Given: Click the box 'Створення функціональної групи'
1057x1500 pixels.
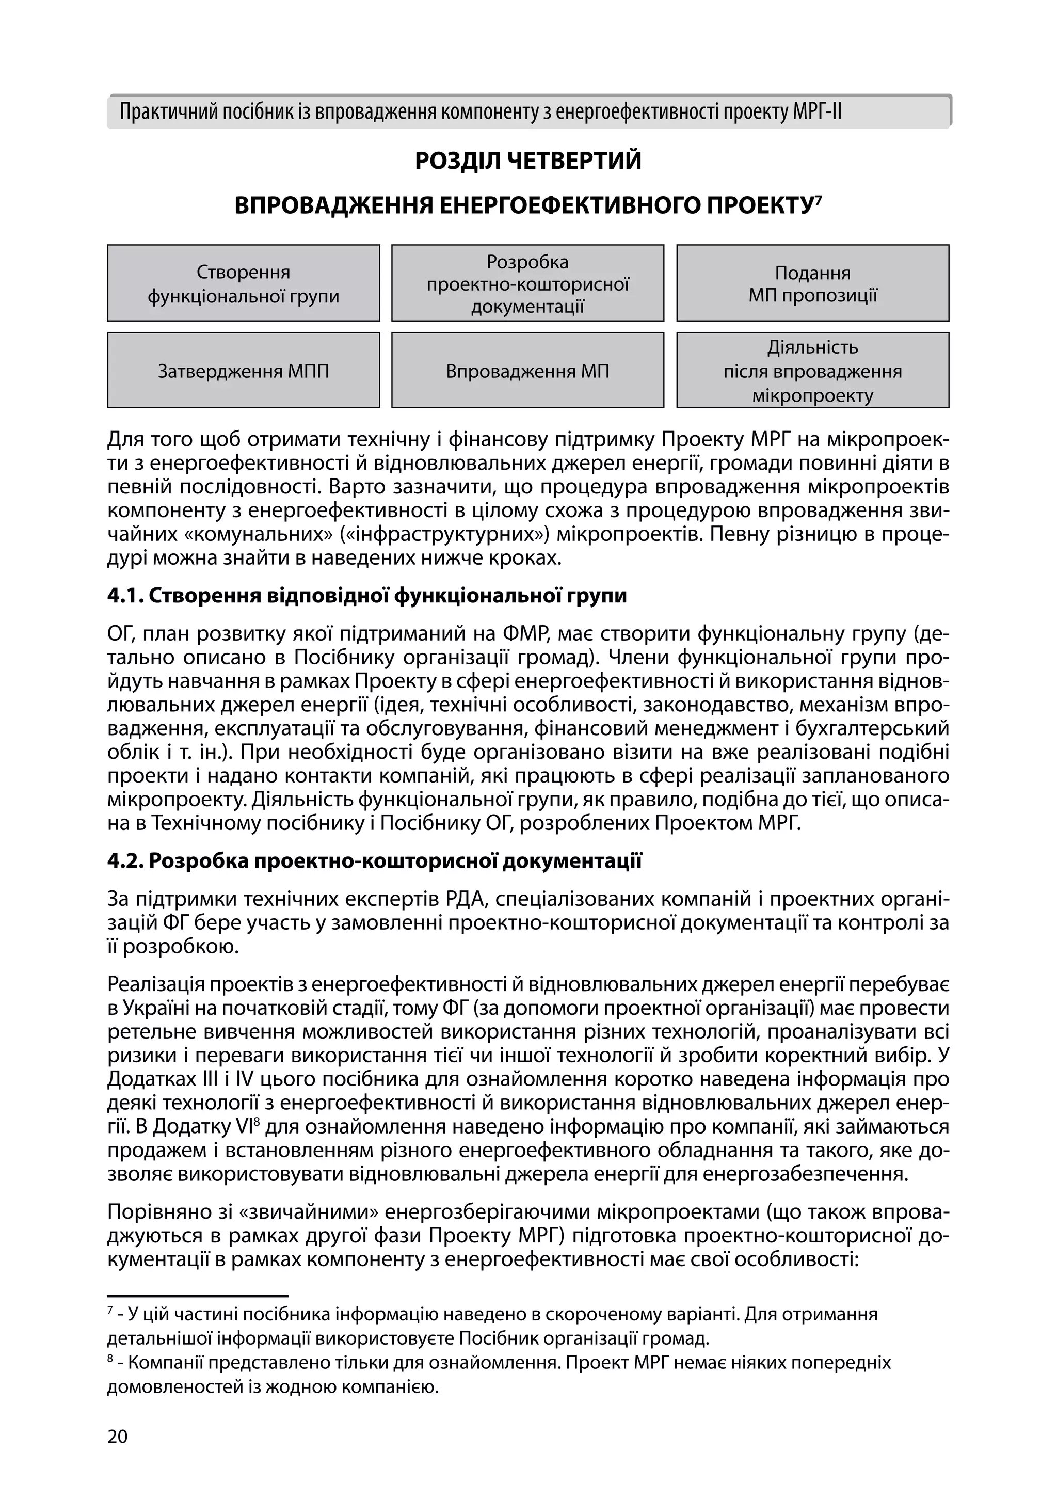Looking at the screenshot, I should tap(243, 283).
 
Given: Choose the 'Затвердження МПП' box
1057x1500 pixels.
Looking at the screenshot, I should tap(243, 371).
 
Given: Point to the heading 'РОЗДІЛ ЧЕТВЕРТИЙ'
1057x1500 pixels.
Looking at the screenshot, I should tap(528, 161).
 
